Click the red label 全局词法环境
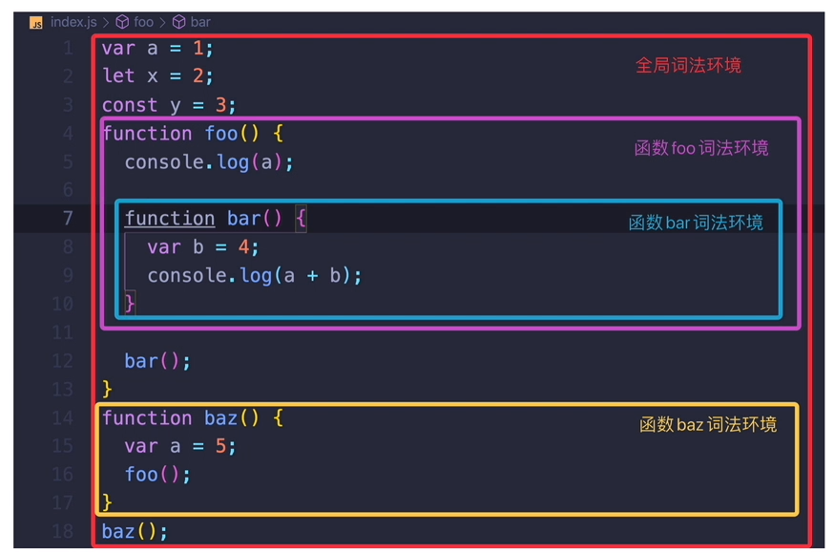click(x=688, y=66)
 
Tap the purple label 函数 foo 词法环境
click(x=700, y=148)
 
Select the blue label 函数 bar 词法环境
click(x=696, y=223)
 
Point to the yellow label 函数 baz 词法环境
click(x=707, y=424)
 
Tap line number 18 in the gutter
click(x=63, y=532)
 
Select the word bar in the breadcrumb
click(x=200, y=22)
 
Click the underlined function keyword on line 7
click(x=169, y=219)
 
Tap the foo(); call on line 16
click(x=157, y=475)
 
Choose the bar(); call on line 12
click(x=157, y=361)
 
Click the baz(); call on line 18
click(x=135, y=532)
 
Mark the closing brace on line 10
click(x=130, y=304)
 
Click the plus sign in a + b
click(x=311, y=276)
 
